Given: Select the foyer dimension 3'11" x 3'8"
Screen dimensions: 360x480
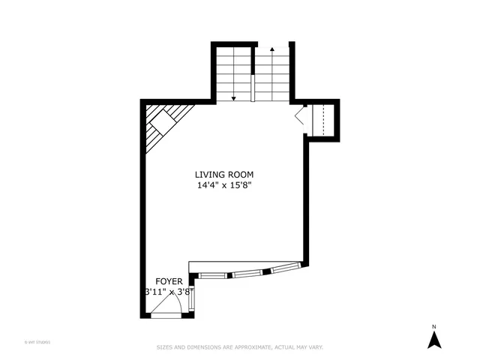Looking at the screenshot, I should (x=169, y=291).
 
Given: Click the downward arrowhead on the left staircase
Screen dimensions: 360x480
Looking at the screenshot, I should (x=234, y=97).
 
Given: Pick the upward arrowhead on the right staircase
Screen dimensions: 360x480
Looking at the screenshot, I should (x=271, y=49).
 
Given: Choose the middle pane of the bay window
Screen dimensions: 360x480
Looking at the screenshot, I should (x=247, y=274).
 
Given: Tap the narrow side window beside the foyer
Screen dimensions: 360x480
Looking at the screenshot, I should (x=191, y=301).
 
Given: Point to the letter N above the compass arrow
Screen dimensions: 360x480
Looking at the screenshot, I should (x=433, y=326).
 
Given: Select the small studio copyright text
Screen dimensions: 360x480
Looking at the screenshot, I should (x=37, y=342).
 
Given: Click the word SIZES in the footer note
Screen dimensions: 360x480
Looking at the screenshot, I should (x=164, y=347).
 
